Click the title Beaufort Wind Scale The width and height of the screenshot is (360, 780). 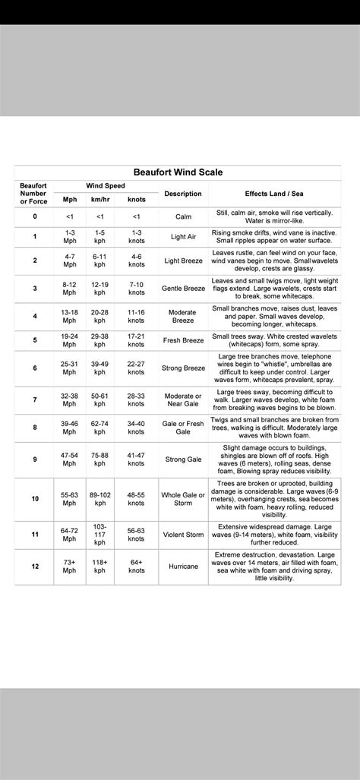tap(179, 172)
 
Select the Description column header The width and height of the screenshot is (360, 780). tap(183, 194)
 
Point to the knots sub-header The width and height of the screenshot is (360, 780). tap(136, 199)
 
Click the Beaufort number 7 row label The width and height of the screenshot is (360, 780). tap(34, 399)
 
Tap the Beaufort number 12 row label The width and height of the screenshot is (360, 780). tap(34, 566)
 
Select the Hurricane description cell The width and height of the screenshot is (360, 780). tap(183, 566)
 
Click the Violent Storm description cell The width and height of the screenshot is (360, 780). tap(183, 535)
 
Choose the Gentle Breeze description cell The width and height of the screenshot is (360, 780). tap(183, 289)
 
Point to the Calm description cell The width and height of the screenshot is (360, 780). tap(183, 216)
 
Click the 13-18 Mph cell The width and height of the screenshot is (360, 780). tap(70, 316)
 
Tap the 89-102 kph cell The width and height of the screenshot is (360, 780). tap(100, 499)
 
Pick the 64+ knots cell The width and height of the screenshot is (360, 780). tap(136, 566)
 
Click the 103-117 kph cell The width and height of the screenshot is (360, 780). tap(100, 535)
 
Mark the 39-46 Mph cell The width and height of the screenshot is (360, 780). tap(70, 427)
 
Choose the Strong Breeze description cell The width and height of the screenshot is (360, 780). tap(183, 368)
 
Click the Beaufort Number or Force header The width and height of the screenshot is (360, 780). tap(34, 193)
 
